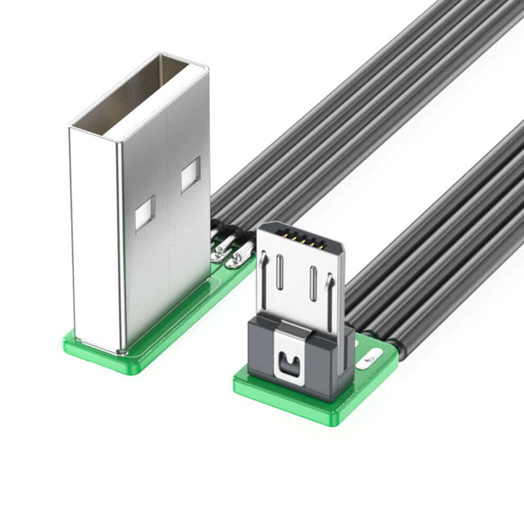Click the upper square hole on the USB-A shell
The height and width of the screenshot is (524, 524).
tap(190, 175)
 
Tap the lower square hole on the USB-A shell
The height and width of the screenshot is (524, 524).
tap(144, 214)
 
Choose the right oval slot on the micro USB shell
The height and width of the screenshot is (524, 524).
tap(313, 283)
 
